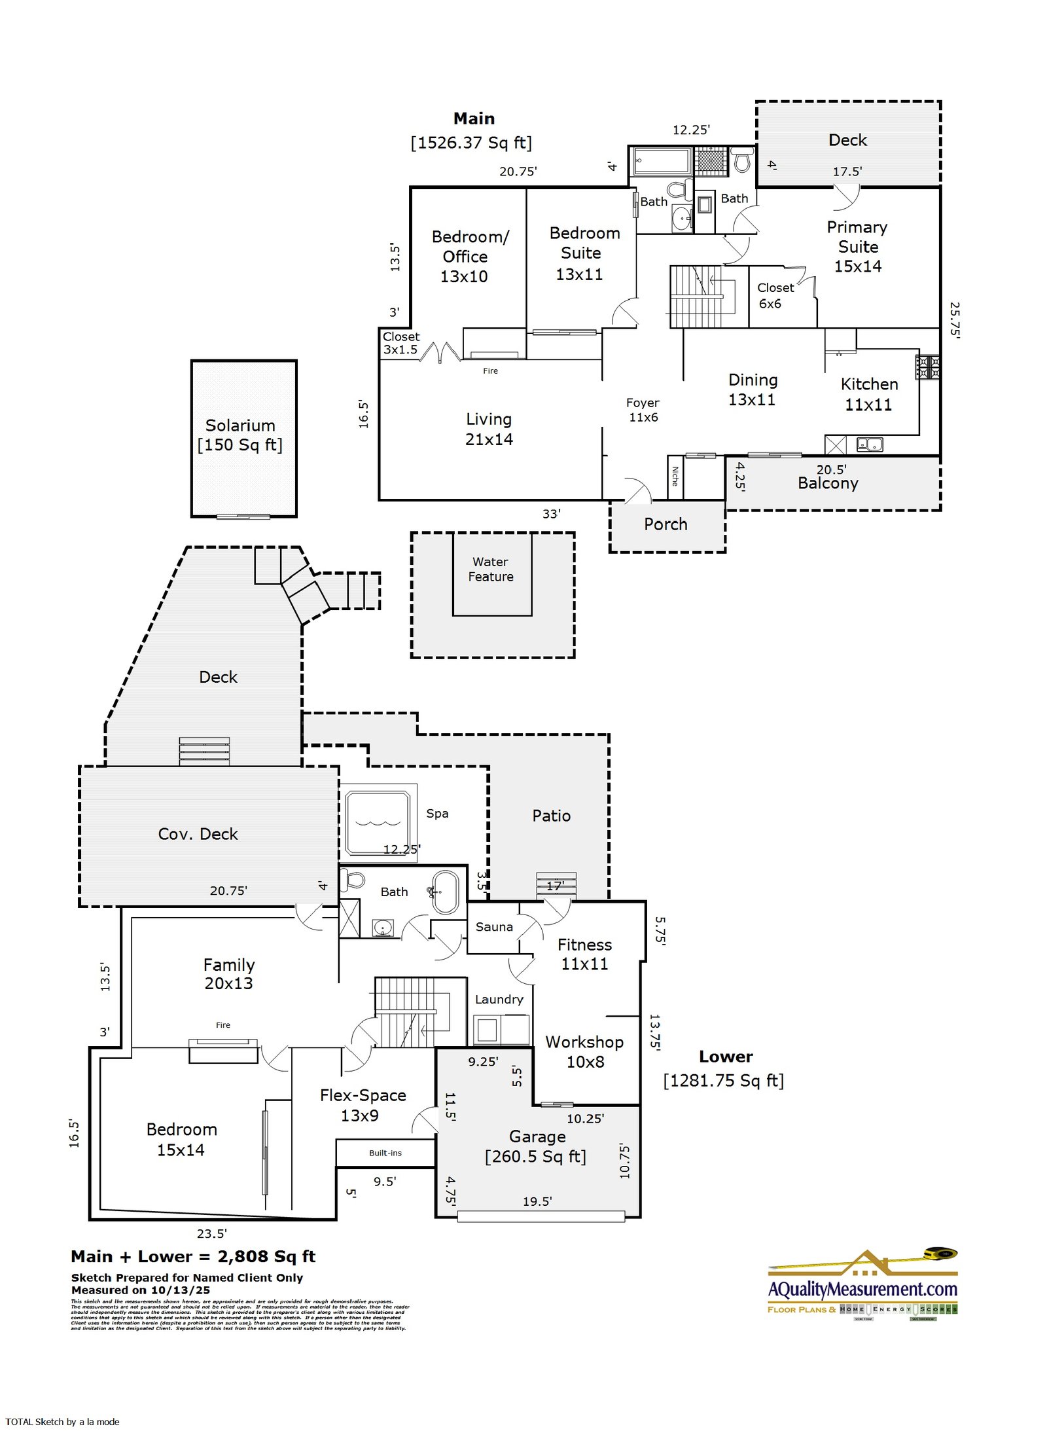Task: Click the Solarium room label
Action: pyautogui.click(x=240, y=426)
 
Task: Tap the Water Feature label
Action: pyautogui.click(x=491, y=569)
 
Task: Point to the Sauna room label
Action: pyautogui.click(x=494, y=926)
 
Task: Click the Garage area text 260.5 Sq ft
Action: pyautogui.click(x=535, y=1157)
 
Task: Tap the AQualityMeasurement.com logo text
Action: pyautogui.click(x=862, y=1289)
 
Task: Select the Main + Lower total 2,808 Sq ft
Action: pyautogui.click(x=193, y=1256)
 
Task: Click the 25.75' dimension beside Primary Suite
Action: pyautogui.click(x=955, y=319)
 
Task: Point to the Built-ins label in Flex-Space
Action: pyautogui.click(x=385, y=1153)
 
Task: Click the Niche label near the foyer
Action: pyautogui.click(x=675, y=476)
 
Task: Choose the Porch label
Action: pyautogui.click(x=665, y=524)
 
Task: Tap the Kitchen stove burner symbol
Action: pyautogui.click(x=927, y=367)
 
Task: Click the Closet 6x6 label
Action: pyautogui.click(x=775, y=295)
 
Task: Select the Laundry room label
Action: pyautogui.click(x=499, y=999)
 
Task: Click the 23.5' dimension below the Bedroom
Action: pyautogui.click(x=212, y=1233)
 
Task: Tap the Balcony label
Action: pyautogui.click(x=828, y=484)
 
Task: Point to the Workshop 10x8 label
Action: pyautogui.click(x=584, y=1051)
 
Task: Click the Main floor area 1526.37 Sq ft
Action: pyautogui.click(x=471, y=143)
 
